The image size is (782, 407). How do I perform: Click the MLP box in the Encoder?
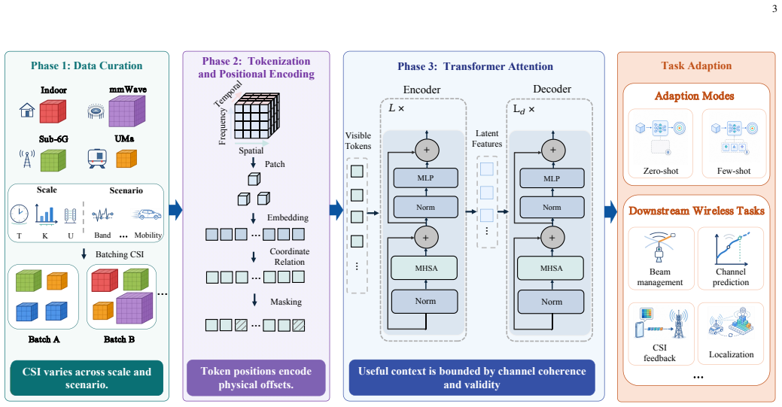(x=425, y=178)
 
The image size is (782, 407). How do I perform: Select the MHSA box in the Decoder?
(x=551, y=268)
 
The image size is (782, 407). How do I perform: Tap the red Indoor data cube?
(x=53, y=111)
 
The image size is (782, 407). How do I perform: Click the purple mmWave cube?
(x=126, y=111)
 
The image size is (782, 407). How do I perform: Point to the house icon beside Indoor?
(x=27, y=110)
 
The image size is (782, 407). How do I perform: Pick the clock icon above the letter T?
(x=19, y=214)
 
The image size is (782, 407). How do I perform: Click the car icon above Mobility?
(x=147, y=214)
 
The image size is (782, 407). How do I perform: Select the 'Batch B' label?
(x=119, y=339)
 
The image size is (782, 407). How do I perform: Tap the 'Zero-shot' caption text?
(x=661, y=171)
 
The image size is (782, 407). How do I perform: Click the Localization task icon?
(x=731, y=325)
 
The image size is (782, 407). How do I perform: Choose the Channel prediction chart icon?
(x=731, y=249)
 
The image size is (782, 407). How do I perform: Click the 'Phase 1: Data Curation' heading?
(x=87, y=66)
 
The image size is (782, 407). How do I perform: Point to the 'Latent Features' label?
(x=487, y=138)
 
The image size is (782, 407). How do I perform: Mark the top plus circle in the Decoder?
(x=552, y=150)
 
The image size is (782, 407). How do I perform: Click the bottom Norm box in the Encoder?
(x=425, y=301)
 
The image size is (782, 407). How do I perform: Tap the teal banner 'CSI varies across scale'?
(x=87, y=378)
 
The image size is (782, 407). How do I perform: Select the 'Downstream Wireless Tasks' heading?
(x=696, y=211)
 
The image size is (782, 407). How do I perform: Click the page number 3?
(x=774, y=9)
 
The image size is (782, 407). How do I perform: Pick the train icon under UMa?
(x=97, y=158)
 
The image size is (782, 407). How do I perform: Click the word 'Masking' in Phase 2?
(x=286, y=302)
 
